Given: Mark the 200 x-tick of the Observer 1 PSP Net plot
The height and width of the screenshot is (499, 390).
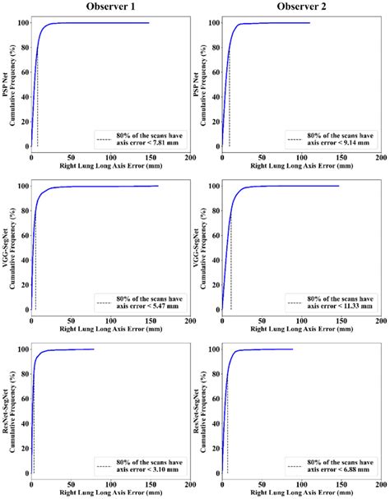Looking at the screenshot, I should click(x=190, y=158).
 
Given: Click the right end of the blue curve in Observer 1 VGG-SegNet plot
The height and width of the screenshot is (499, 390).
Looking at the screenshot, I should click(x=158, y=186).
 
